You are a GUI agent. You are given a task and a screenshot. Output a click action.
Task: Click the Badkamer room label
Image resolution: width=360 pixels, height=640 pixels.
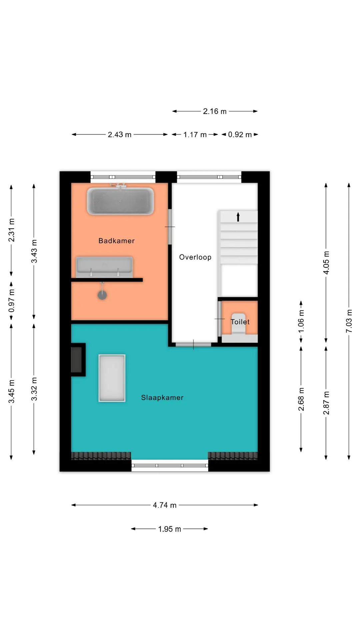pos(116,241)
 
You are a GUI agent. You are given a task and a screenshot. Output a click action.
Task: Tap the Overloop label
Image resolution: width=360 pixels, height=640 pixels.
pos(195,257)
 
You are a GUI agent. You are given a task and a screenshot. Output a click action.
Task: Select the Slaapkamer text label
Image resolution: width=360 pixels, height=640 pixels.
pos(162,397)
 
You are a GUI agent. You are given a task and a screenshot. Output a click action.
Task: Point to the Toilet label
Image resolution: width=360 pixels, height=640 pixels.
pos(240,322)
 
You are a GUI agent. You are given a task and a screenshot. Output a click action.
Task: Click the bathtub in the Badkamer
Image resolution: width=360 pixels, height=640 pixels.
pos(120,201)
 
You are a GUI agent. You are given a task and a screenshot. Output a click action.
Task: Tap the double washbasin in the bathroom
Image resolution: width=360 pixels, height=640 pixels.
pos(104,267)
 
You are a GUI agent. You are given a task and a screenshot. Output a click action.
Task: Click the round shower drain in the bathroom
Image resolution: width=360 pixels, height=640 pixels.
pos(102,295)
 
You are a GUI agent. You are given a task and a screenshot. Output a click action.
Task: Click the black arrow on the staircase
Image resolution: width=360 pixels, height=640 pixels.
pos(238,217)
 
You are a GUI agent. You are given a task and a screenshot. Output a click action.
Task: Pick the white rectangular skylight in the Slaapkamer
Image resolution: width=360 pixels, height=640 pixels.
pos(112,378)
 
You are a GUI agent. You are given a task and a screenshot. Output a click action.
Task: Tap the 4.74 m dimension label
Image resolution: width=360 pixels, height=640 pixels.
pos(165,505)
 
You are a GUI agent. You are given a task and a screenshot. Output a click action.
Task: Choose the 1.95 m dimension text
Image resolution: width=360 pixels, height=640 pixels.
pos(169,529)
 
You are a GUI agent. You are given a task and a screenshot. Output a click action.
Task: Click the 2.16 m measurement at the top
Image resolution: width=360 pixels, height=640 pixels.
pos(215,111)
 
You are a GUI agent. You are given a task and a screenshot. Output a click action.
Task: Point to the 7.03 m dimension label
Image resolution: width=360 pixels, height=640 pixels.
pos(349,321)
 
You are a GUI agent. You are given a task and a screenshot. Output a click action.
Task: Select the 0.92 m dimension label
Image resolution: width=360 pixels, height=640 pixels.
pos(240,135)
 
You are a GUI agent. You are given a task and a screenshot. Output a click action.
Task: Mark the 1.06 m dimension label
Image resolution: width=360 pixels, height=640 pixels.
pos(301,321)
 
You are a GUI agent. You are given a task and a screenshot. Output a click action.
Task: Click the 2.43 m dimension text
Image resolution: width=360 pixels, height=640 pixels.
pos(119,135)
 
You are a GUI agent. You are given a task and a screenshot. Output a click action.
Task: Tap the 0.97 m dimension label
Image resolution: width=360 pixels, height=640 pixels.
pos(11,301)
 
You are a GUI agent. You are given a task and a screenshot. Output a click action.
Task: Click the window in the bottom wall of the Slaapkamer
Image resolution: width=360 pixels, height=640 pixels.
pos(170,465)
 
